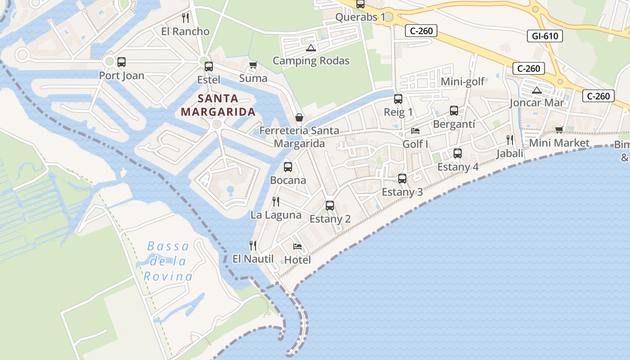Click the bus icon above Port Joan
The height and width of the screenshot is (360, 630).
tap(121, 62)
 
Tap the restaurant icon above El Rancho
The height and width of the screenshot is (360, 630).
tap(185, 18)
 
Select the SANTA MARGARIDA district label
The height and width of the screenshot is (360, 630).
tap(218, 105)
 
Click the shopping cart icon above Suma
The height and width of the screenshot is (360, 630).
tap(253, 65)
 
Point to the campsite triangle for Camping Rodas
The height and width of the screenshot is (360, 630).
tap(310, 48)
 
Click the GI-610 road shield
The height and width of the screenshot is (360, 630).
tap(544, 36)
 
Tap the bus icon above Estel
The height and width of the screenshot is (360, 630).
tap(209, 67)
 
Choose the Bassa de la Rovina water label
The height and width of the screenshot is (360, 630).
tap(168, 261)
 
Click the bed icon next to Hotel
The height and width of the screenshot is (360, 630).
tap(297, 246)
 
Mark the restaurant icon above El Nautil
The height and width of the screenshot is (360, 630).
tap(253, 245)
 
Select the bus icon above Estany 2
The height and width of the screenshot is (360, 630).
tap(330, 206)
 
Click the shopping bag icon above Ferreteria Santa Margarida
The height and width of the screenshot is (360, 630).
tap(299, 117)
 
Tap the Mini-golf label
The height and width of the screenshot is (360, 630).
tap(462, 81)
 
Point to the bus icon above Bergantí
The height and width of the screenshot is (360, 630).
tap(454, 111)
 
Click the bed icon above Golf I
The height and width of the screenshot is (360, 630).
tap(415, 131)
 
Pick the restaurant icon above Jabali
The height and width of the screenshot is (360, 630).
tap(510, 140)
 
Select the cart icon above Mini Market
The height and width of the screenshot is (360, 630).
tap(559, 130)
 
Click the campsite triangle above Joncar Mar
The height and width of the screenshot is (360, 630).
tap(536, 90)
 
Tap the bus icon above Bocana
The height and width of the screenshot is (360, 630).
tap(288, 167)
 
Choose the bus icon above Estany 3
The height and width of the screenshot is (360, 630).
tap(402, 179)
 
